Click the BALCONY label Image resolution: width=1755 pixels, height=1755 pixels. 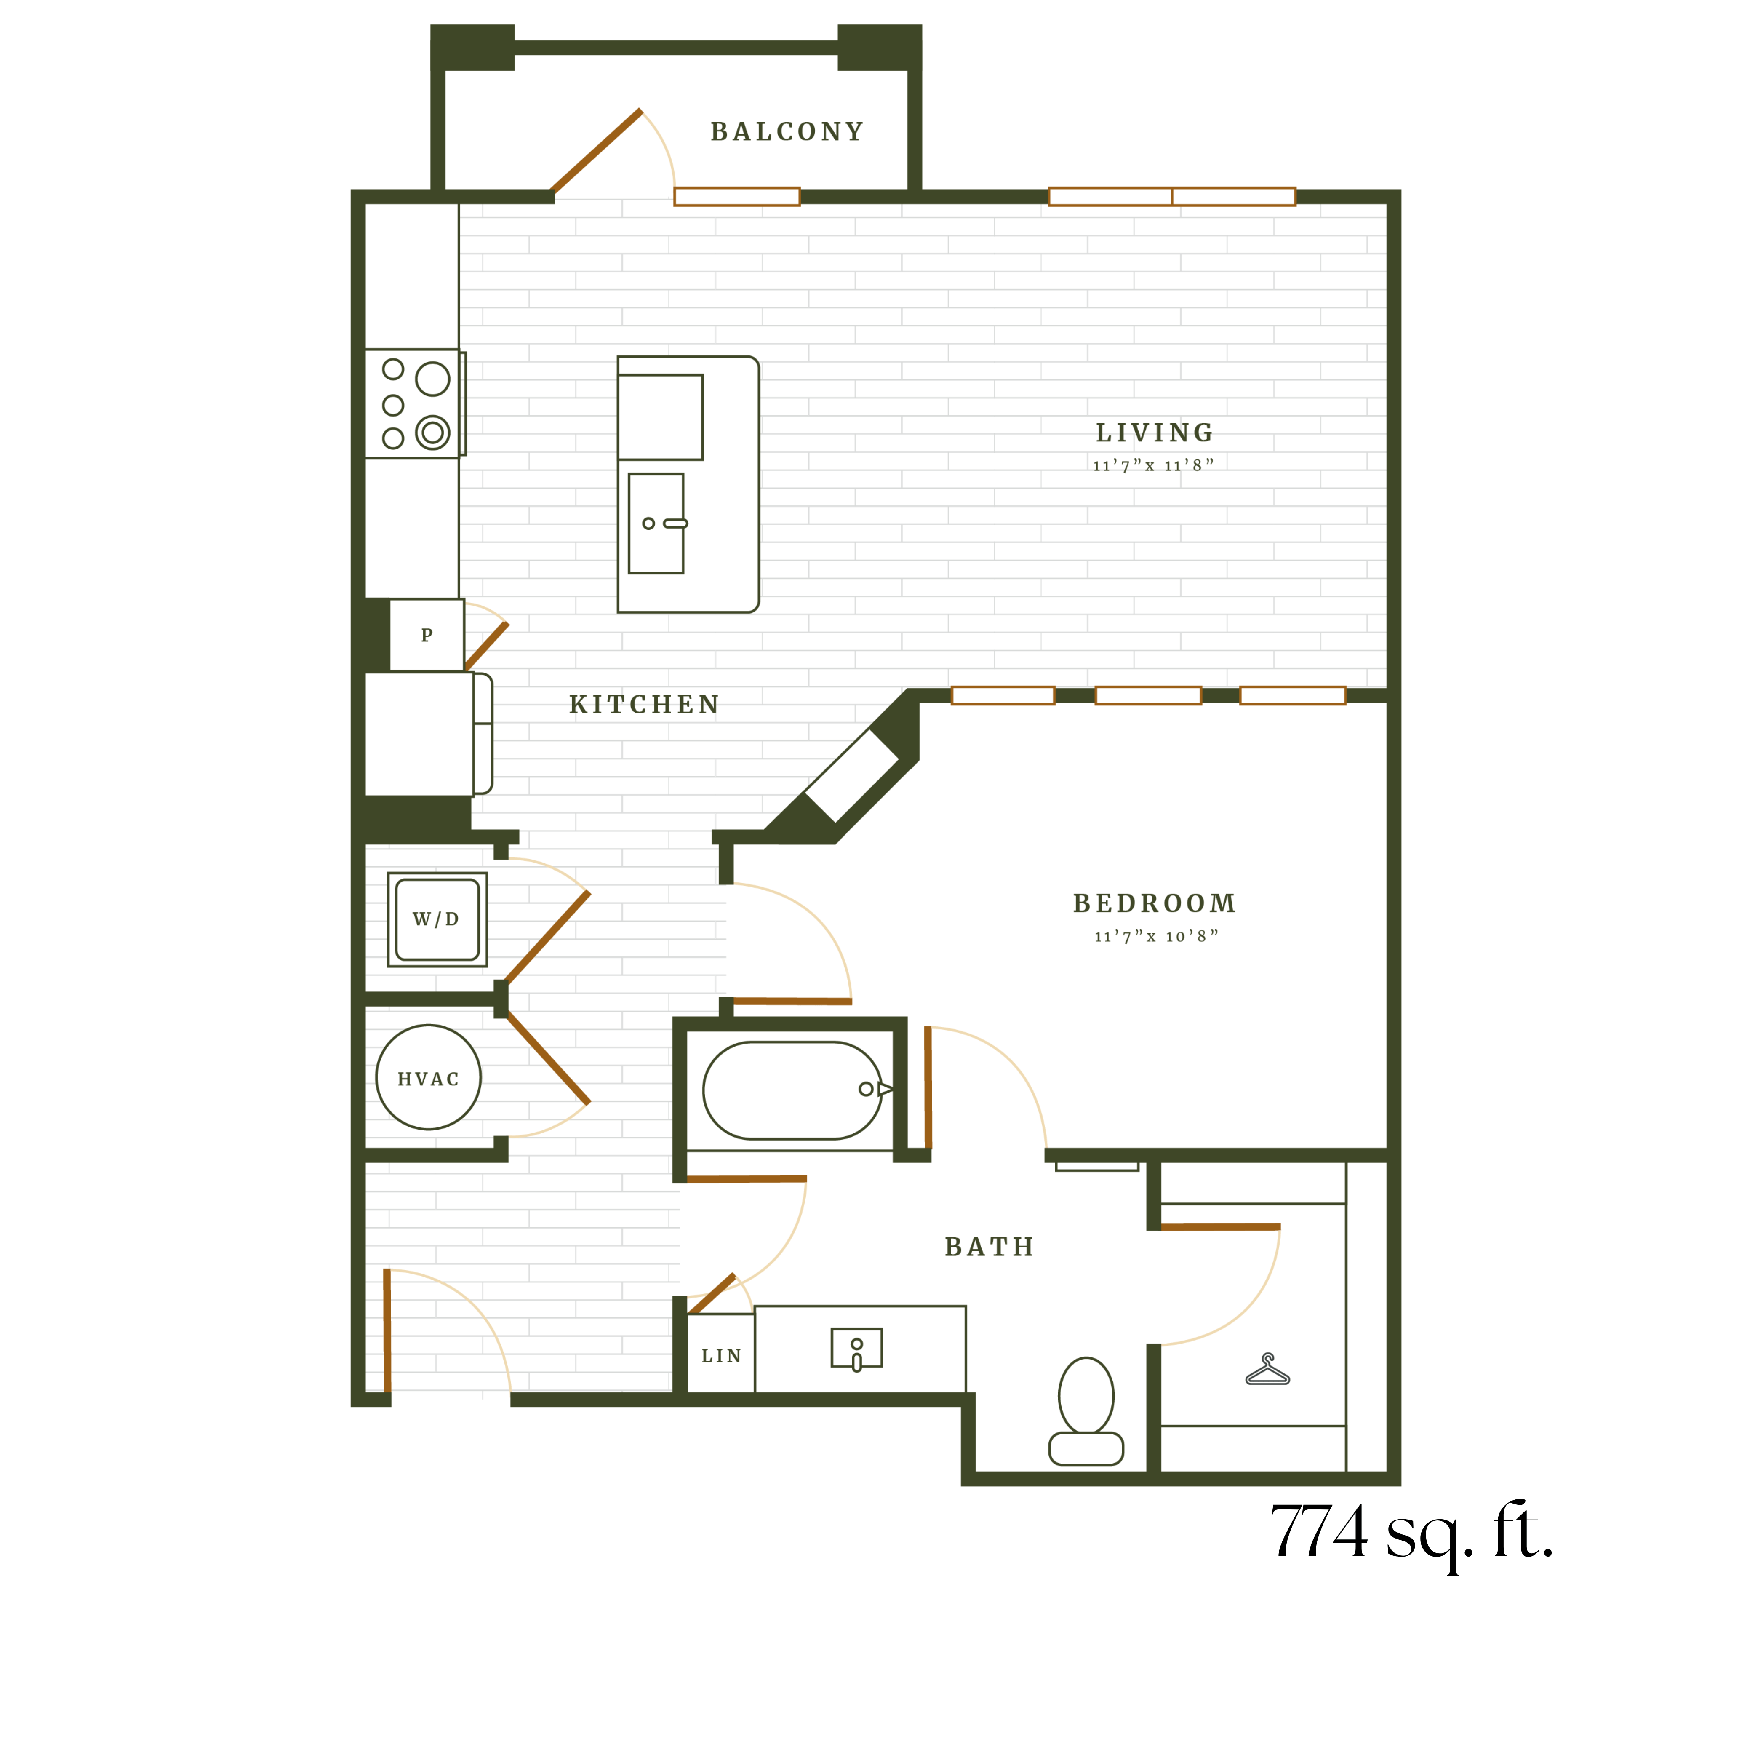coord(787,132)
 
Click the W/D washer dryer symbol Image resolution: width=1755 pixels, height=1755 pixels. coord(437,919)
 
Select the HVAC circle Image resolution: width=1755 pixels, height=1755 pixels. coord(429,1077)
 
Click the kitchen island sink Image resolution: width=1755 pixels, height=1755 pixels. coord(656,523)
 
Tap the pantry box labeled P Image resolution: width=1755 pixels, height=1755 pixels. coord(427,635)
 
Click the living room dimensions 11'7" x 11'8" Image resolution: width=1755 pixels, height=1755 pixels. coord(1154,465)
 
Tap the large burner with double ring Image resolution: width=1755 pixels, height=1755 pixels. coord(432,433)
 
